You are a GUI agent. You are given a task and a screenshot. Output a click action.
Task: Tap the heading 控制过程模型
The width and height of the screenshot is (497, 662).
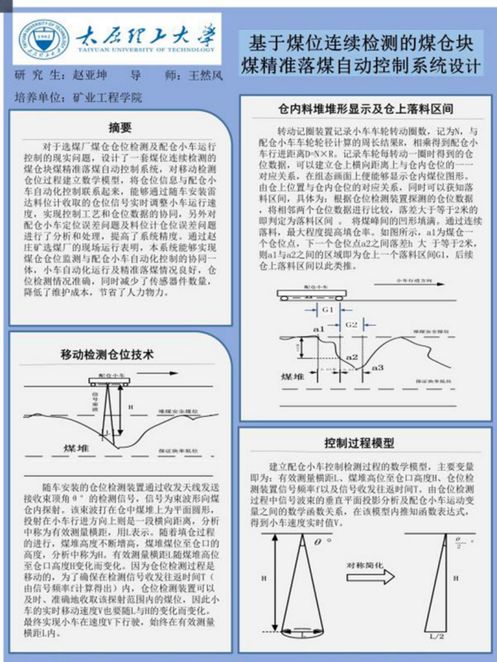(x=368, y=441)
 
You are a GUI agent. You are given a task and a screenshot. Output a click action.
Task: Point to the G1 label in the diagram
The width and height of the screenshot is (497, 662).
(x=328, y=308)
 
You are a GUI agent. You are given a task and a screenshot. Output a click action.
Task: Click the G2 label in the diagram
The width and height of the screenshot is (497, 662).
(x=351, y=324)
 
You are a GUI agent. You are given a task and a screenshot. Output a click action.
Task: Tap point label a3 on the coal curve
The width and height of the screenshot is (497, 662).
(x=378, y=367)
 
